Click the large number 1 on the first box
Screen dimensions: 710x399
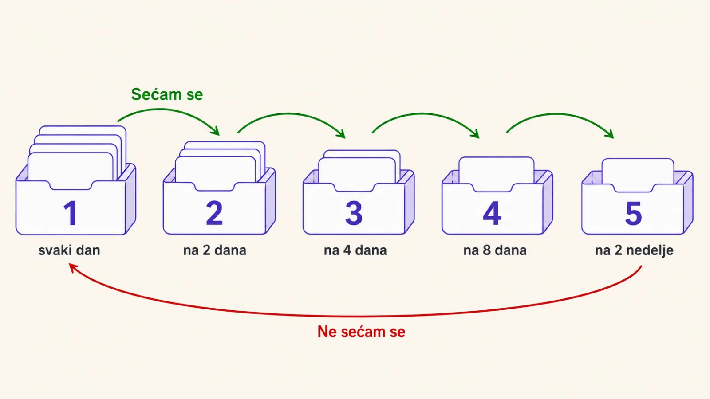71,213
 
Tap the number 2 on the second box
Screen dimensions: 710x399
214,213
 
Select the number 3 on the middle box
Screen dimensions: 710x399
354,213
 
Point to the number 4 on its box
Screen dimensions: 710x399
492,213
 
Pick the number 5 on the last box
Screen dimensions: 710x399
634,213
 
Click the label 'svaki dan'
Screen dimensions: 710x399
69,250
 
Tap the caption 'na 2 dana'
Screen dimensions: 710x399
215,250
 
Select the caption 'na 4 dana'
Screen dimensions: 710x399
355,250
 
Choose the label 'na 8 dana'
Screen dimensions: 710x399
495,250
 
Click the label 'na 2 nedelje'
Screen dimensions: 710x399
634,250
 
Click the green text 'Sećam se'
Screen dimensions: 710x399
167,94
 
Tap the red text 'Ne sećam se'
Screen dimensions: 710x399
361,332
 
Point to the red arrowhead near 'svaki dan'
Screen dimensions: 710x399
73,268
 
